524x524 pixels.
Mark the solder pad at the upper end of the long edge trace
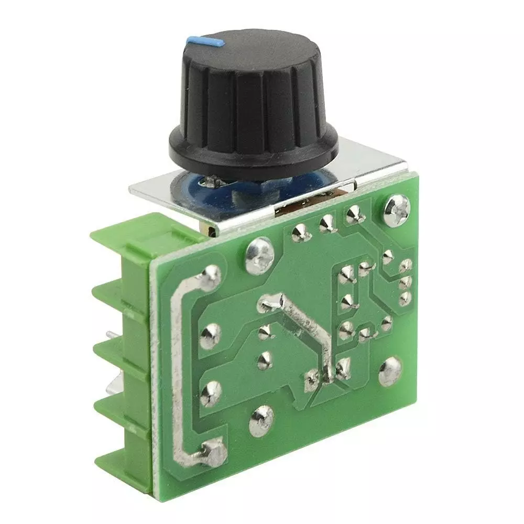211,277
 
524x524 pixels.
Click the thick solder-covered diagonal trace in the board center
309,330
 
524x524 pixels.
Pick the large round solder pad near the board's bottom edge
261,419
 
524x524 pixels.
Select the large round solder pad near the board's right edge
390,371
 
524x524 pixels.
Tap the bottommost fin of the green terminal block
123,461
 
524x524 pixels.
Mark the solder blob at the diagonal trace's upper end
270,302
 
